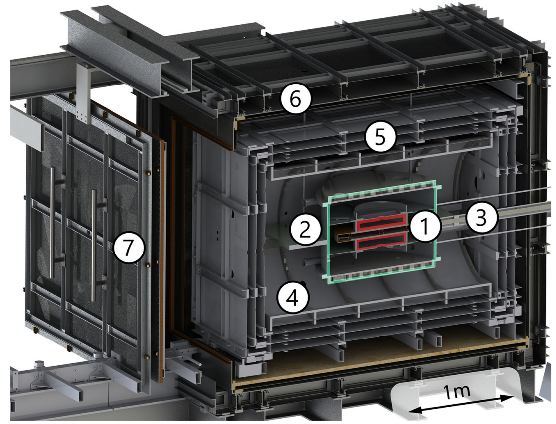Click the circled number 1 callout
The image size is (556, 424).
tap(425, 226)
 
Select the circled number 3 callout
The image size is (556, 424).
tap(481, 218)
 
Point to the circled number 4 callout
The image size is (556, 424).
tap(293, 298)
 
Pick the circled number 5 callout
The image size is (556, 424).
tap(380, 137)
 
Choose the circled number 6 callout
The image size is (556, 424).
tap(295, 99)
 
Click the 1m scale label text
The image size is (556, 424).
tap(457, 391)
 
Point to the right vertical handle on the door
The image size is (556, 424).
tap(94, 246)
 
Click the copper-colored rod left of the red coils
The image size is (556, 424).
tap(344, 235)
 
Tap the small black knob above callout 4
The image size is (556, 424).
tap(302, 283)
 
